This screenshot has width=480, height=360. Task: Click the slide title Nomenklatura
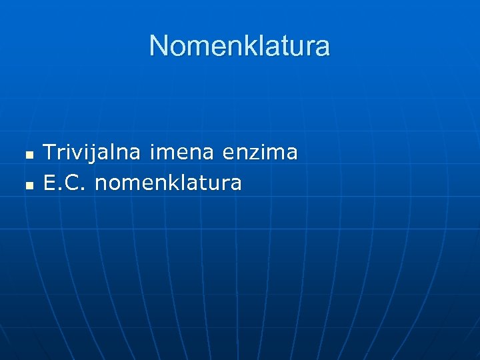(x=239, y=46)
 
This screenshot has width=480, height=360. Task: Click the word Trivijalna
(x=92, y=153)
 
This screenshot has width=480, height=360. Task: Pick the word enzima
(x=259, y=153)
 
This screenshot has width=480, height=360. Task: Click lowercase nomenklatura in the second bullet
(x=168, y=182)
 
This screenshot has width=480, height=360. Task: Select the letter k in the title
(x=248, y=46)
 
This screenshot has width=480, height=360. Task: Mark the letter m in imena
(x=164, y=153)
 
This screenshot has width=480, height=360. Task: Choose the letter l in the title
(x=258, y=46)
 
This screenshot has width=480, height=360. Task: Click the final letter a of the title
(x=323, y=47)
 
